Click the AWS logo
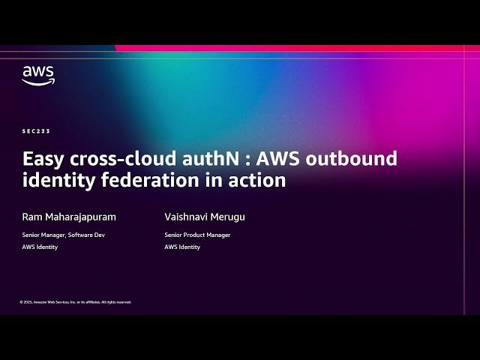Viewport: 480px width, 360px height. coord(37,75)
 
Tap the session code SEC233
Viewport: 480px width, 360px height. coord(36,131)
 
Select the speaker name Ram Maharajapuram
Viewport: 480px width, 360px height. coord(69,217)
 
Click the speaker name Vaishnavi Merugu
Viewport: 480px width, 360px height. coord(205,217)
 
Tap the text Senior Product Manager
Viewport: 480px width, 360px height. coord(197,235)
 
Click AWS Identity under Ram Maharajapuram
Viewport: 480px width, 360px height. coord(40,247)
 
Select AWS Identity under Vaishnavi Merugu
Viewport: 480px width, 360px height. coord(182,247)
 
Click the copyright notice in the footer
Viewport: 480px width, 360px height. coord(76,301)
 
